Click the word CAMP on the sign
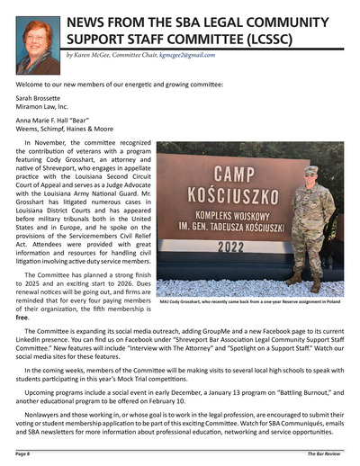click(x=237, y=172)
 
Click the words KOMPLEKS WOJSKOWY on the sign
click(x=237, y=216)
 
